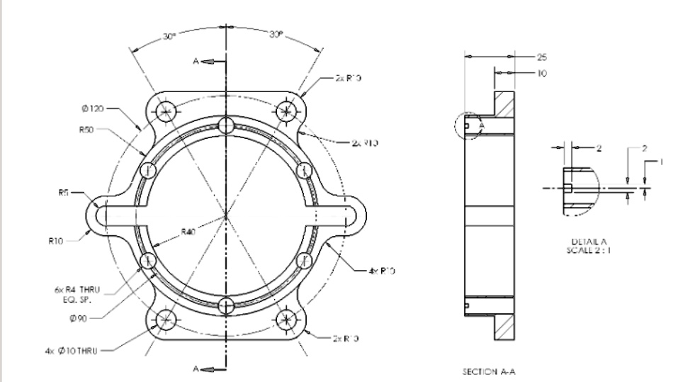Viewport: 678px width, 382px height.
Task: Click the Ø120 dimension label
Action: [94, 110]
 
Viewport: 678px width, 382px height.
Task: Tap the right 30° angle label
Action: [277, 36]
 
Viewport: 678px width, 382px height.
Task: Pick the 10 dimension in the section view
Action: [543, 72]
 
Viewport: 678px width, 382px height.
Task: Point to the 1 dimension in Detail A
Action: [661, 162]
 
